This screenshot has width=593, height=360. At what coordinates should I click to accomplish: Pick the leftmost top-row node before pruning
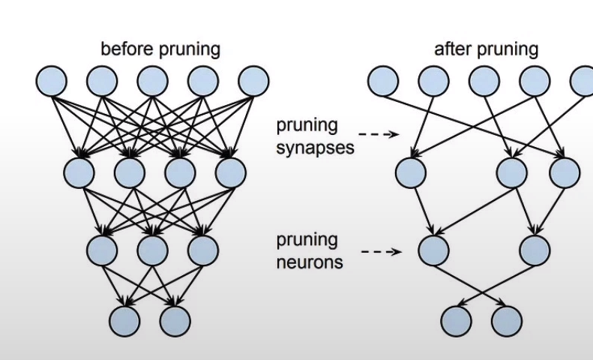coord(50,81)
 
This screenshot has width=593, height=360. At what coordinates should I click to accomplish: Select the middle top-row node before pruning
coord(152,81)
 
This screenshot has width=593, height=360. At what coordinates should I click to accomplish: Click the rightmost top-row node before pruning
coord(253,81)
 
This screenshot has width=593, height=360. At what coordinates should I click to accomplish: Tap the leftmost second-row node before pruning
coord(79,172)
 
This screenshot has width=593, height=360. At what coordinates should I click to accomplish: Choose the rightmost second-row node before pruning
coord(230,172)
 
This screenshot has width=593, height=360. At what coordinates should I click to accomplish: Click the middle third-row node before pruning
coord(152,250)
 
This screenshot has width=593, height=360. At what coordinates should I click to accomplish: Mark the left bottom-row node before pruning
coord(124,321)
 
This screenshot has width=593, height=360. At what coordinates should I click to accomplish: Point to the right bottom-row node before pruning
coord(175,321)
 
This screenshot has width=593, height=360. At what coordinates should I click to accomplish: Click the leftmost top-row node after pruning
coord(383,81)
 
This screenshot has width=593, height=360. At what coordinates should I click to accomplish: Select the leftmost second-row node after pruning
coord(410,172)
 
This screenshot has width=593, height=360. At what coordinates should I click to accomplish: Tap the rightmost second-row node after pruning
coord(564,172)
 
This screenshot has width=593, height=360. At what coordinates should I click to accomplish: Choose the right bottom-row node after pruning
coord(506,321)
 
